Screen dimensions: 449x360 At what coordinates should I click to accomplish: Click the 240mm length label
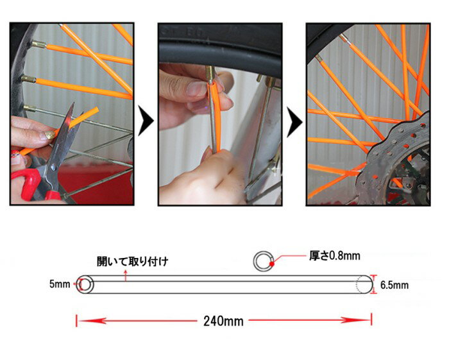click(223, 321)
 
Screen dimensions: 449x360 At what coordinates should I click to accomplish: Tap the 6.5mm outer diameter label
click(394, 285)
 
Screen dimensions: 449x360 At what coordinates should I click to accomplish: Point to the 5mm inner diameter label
click(60, 284)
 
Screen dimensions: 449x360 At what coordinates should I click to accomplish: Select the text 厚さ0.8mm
click(334, 256)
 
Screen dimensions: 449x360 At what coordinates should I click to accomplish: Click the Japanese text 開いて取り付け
click(132, 261)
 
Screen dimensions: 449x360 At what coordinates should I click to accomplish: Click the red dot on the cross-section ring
click(272, 264)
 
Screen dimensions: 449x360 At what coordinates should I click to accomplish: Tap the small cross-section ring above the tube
click(262, 261)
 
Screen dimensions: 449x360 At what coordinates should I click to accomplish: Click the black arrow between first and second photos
click(146, 121)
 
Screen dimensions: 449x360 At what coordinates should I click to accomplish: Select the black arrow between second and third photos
click(294, 123)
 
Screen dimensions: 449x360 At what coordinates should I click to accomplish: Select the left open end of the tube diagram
click(85, 285)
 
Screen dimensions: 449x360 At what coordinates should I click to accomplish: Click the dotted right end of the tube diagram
click(364, 285)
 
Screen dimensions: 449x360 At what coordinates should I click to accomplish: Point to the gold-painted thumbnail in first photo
click(51, 135)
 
